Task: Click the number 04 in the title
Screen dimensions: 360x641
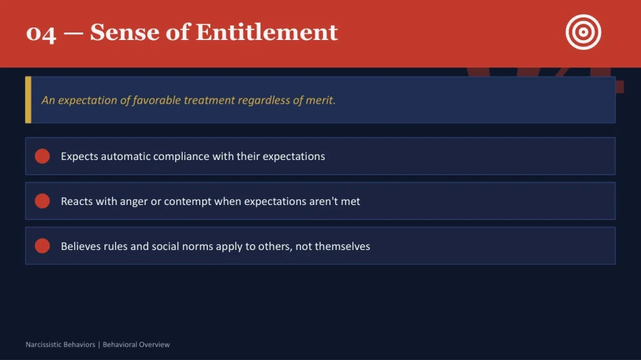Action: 41,32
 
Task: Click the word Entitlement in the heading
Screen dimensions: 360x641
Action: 267,32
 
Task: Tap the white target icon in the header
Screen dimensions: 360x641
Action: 583,32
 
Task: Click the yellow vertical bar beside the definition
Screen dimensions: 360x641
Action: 28,100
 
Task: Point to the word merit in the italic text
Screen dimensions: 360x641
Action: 320,100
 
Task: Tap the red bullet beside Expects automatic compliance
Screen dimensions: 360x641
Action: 42,156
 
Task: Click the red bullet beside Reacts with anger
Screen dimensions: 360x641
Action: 42,201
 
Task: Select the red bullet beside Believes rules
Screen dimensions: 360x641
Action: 42,246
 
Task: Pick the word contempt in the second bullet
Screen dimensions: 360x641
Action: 188,201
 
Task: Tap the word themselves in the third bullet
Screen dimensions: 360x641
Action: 342,246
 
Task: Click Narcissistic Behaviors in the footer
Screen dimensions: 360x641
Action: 60,344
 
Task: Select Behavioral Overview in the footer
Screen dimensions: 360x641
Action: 136,344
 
